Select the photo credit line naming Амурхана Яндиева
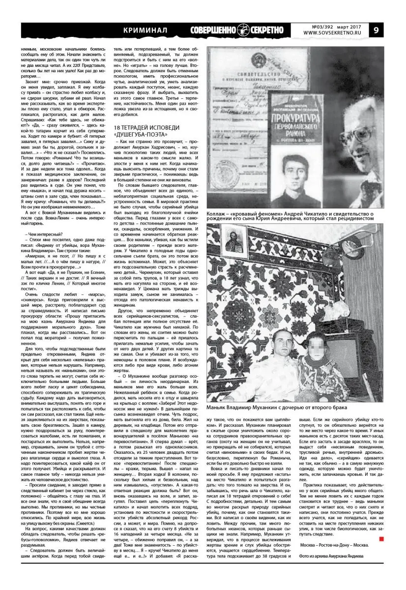click(333, 556)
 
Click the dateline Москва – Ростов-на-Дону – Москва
click(333, 545)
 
